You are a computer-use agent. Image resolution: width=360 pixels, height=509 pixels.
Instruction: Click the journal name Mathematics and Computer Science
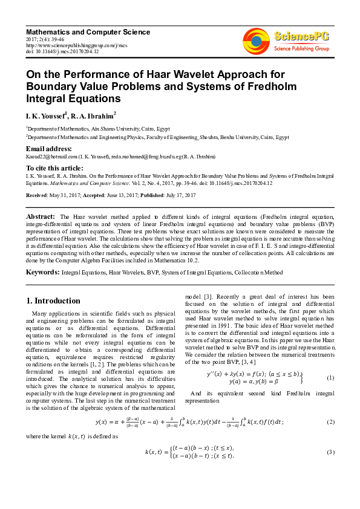click(88, 31)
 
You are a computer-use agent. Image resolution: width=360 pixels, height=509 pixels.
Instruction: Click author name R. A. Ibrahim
click(93, 115)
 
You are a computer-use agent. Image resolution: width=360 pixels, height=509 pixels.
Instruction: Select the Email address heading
click(49, 149)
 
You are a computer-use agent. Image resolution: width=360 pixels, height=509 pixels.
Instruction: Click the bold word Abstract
click(41, 216)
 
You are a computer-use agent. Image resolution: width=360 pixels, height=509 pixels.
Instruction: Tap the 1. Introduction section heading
click(53, 300)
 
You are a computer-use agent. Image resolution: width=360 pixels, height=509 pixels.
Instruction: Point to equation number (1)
click(330, 378)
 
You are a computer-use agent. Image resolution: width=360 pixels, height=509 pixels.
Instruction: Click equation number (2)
click(330, 421)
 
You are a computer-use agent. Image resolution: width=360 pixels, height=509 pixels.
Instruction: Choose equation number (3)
click(330, 452)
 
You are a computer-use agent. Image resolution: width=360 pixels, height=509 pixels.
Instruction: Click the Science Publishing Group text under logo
click(301, 48)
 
